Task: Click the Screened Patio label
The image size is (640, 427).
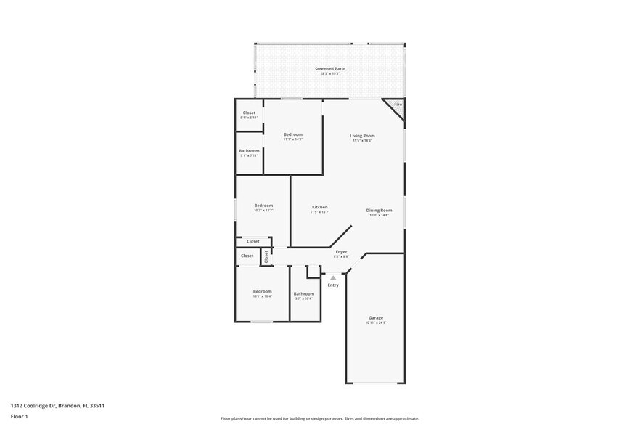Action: [329, 69]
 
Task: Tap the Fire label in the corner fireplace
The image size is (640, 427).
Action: [398, 105]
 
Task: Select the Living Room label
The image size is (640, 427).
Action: [362, 136]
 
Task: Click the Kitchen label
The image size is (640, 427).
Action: [320, 207]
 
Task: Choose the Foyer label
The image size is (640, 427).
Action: [341, 252]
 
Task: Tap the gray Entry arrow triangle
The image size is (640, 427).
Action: [333, 277]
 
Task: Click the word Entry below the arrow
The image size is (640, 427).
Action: [333, 285]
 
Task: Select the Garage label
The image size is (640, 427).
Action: [376, 318]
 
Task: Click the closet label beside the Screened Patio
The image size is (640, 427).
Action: [249, 113]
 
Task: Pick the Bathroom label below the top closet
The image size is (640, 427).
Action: [249, 151]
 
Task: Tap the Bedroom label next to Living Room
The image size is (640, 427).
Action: [293, 134]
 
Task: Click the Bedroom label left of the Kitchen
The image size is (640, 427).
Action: [263, 206]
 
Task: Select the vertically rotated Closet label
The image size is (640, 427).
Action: [266, 256]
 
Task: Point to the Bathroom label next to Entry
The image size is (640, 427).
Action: [303, 293]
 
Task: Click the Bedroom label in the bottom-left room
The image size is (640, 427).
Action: [262, 291]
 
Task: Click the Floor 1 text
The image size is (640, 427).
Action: [19, 416]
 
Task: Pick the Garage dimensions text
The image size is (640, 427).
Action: [376, 323]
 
